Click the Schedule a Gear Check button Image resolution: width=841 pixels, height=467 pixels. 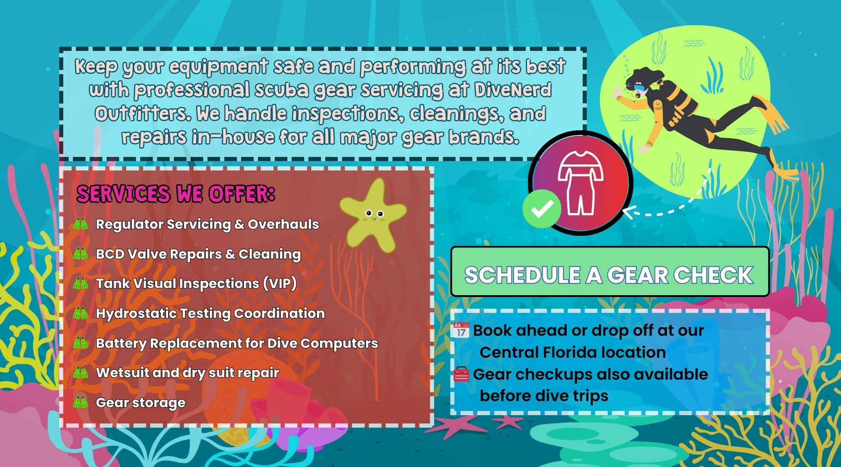click(x=610, y=272)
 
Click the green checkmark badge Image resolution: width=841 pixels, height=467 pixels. click(x=542, y=209)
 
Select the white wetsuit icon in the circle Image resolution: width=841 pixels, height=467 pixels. click(x=580, y=183)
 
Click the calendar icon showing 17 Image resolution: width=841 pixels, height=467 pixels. click(x=461, y=330)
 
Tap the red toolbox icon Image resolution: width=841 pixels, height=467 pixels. click(x=461, y=374)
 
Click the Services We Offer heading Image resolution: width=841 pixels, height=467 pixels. click(x=176, y=193)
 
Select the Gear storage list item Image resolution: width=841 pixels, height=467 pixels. click(x=140, y=402)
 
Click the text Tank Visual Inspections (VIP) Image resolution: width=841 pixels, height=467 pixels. click(x=196, y=284)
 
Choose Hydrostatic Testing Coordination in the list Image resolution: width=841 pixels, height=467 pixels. click(x=210, y=314)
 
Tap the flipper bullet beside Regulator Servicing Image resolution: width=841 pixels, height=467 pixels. click(x=80, y=224)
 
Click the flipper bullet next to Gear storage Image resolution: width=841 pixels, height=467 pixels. click(x=80, y=402)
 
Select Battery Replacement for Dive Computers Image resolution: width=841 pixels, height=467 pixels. click(x=237, y=343)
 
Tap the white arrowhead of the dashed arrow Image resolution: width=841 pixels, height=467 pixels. click(x=629, y=212)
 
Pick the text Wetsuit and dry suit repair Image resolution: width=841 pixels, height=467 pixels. click(x=187, y=373)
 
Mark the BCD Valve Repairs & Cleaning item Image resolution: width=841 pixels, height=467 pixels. click(x=198, y=254)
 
